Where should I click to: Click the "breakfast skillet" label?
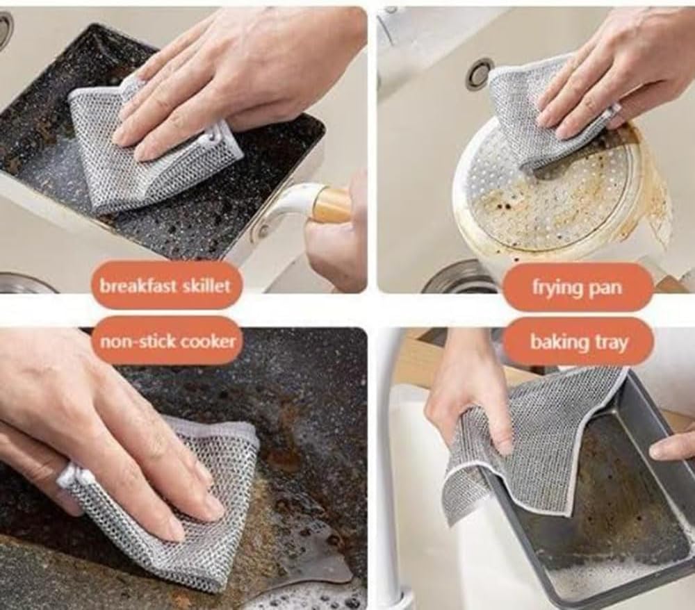point(165,286)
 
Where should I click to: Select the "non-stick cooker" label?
point(167,340)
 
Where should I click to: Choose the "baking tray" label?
point(578,341)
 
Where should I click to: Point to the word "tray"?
point(610,342)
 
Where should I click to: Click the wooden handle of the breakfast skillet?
point(332,205)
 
